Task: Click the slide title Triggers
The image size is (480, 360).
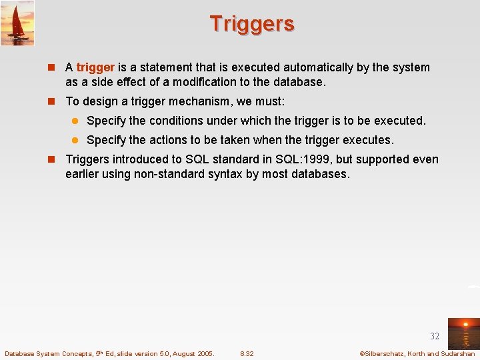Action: tap(251, 24)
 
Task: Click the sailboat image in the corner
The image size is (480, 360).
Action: tap(17, 23)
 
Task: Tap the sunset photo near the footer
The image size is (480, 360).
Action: tap(463, 333)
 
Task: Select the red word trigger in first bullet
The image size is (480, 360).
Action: tap(96, 67)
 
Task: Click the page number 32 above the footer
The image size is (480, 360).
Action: tap(435, 336)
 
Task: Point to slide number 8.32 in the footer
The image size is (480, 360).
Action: tap(247, 353)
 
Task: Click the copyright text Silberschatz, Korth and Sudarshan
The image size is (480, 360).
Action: tap(417, 353)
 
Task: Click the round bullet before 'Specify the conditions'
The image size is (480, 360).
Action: tap(75, 121)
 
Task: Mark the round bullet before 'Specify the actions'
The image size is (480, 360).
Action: tap(75, 141)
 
